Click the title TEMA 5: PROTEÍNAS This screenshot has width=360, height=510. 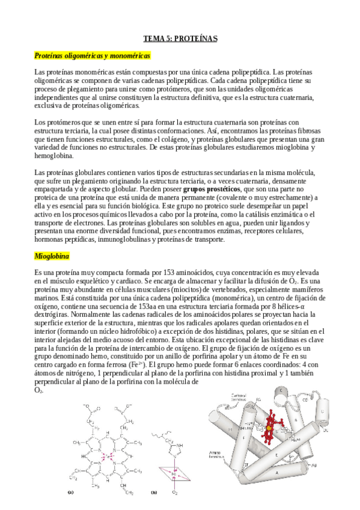click(x=180, y=39)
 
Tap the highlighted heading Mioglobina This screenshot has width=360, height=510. click(x=52, y=256)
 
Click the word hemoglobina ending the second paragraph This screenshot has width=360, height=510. click(x=53, y=156)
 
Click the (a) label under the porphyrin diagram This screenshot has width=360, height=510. click(x=70, y=492)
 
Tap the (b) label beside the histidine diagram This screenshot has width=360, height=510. click(x=154, y=492)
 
